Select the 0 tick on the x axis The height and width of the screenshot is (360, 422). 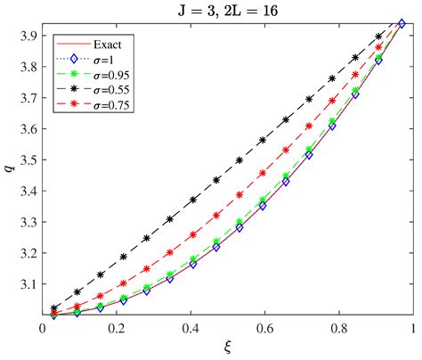coord(43,330)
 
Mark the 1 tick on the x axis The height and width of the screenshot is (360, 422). coord(412,330)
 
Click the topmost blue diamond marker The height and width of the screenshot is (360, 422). coord(402,24)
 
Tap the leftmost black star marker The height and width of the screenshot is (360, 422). coord(55,308)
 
